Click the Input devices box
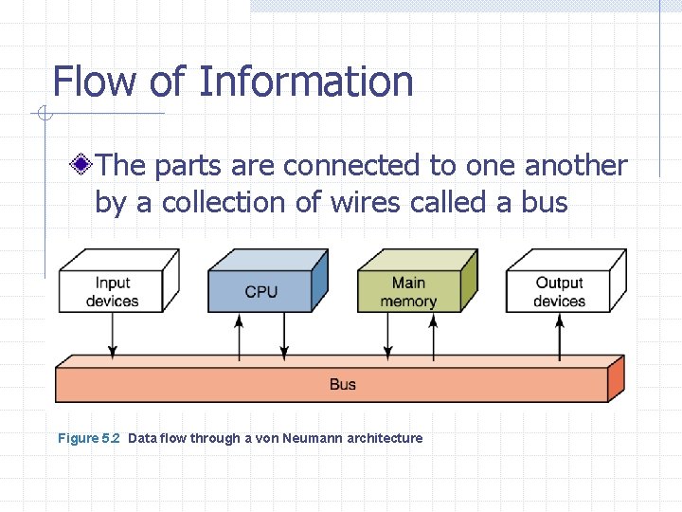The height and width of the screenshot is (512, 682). coord(112,291)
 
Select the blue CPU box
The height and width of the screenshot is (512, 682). coord(260,291)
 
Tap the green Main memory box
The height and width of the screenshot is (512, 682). coord(408,291)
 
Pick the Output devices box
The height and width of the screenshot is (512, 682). coord(559,291)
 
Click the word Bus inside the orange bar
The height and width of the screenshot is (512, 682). coord(343,384)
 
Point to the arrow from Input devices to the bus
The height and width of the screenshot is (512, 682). coord(113,336)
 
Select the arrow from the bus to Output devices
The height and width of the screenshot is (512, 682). coord(560,336)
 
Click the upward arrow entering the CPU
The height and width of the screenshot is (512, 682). coord(239,336)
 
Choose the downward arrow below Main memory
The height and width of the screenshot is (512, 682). coord(386,336)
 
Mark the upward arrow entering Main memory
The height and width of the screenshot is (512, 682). coord(434,336)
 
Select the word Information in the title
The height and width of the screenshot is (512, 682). coord(306,82)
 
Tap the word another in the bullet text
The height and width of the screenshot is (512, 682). coord(576,166)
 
